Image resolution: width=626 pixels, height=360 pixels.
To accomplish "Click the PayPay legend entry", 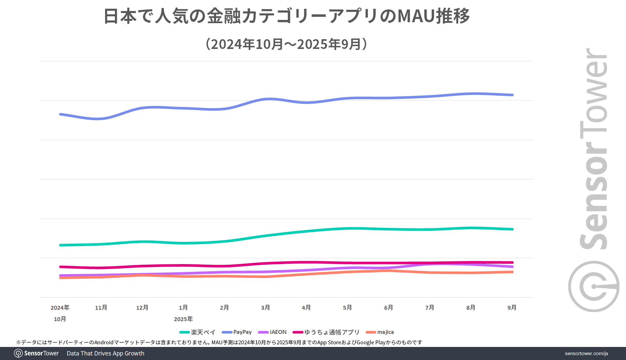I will point(237,332).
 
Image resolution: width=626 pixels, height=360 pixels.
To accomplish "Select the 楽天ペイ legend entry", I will point(198,332).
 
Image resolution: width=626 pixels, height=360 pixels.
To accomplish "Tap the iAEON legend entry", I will point(273,332).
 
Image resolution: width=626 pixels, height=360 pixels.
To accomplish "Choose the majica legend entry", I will point(380,332).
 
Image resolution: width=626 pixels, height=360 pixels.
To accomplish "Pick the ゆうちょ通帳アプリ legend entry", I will point(326,332).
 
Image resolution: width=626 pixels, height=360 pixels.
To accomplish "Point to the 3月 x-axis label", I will point(265,307).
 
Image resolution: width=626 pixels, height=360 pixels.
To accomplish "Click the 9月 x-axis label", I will point(512,307).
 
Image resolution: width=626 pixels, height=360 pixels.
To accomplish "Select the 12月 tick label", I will point(142,307).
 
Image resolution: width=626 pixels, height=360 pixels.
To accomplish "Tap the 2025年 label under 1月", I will point(183,319).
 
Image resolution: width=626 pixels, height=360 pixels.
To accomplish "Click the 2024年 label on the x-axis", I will point(60,307).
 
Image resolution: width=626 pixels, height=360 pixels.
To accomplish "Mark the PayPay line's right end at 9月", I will point(512,95).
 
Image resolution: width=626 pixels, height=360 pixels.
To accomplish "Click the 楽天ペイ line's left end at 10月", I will point(61,245).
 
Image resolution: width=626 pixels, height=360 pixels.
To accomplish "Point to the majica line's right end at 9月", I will point(512,272).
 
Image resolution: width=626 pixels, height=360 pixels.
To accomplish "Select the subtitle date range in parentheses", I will point(287,44).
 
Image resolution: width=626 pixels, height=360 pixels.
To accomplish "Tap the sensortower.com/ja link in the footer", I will point(586,353).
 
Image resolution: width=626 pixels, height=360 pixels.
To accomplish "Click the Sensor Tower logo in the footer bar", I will point(37,353).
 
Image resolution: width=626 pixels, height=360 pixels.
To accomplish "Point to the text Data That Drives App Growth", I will point(105,353).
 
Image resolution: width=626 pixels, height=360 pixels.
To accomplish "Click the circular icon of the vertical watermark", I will point(594,286).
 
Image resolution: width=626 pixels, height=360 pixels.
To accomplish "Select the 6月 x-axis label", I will point(388,307).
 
